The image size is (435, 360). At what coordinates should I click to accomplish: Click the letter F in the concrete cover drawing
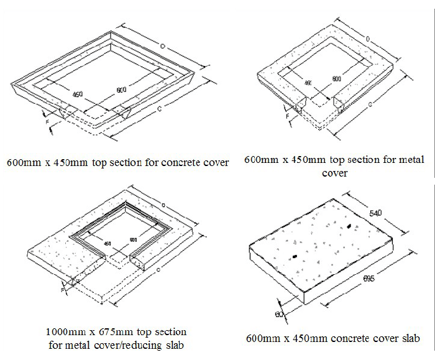[47, 122]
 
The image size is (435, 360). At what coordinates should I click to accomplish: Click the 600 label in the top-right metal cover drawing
[336, 79]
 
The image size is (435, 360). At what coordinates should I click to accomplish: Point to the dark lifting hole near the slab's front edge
[294, 256]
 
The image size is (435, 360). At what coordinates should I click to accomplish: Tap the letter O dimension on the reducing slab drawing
[162, 205]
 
